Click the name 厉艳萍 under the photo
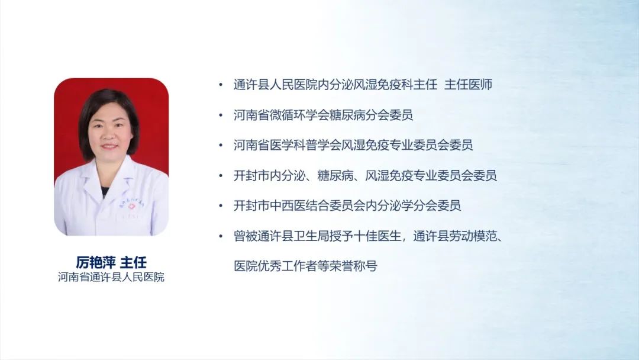tap(96, 262)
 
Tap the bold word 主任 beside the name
tap(133, 262)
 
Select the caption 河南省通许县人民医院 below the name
tap(111, 277)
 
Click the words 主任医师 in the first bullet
tap(468, 85)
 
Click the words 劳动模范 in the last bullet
tap(473, 236)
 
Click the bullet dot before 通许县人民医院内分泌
tap(221, 85)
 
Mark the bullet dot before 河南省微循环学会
tap(221, 115)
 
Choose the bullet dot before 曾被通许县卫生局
tap(221, 236)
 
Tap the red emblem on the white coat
tap(131, 206)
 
